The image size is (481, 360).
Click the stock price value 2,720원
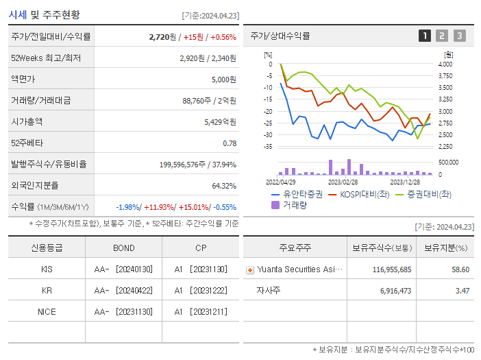point(164,37)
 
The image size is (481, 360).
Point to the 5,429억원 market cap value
point(220,121)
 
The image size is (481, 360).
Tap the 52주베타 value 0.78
point(230,143)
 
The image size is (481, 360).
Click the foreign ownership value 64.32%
point(224,185)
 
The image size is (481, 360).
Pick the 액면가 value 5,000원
point(223,79)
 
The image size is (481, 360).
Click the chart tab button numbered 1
point(425,36)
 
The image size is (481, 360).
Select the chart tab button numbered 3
point(459,36)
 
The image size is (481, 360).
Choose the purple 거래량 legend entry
point(291,204)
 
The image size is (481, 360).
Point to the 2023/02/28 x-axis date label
point(343,182)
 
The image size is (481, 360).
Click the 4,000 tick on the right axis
point(445,64)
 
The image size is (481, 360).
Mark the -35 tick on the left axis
point(268,146)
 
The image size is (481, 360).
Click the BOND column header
point(123,248)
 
